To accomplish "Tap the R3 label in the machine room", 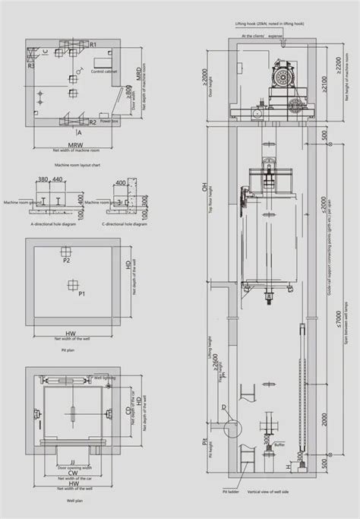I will pyautogui.click(x=31, y=66).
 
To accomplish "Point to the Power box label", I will pyautogui.click(x=108, y=122).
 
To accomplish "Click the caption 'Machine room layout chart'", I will pyautogui.click(x=77, y=163).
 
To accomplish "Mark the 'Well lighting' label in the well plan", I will pyautogui.click(x=103, y=377).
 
